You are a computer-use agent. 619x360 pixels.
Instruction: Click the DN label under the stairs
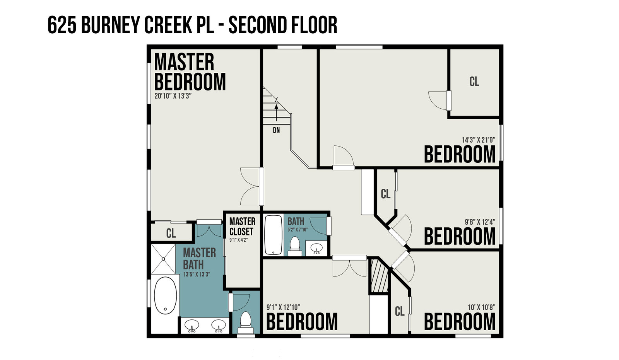click(276, 130)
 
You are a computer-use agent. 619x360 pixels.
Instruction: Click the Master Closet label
click(242, 227)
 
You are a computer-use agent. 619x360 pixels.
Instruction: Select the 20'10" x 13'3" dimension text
click(173, 96)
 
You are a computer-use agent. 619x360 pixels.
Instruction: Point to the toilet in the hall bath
click(295, 246)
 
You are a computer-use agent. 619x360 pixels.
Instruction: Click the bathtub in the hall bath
click(273, 235)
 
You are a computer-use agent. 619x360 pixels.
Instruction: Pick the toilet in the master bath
click(245, 322)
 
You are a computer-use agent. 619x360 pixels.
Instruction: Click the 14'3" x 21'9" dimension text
click(479, 140)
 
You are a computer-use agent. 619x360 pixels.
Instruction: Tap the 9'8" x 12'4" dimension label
click(480, 222)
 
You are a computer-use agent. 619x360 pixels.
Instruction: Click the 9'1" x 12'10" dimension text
click(284, 307)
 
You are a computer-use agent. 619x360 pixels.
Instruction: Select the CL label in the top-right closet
click(474, 82)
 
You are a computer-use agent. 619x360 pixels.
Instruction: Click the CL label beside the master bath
click(171, 233)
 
